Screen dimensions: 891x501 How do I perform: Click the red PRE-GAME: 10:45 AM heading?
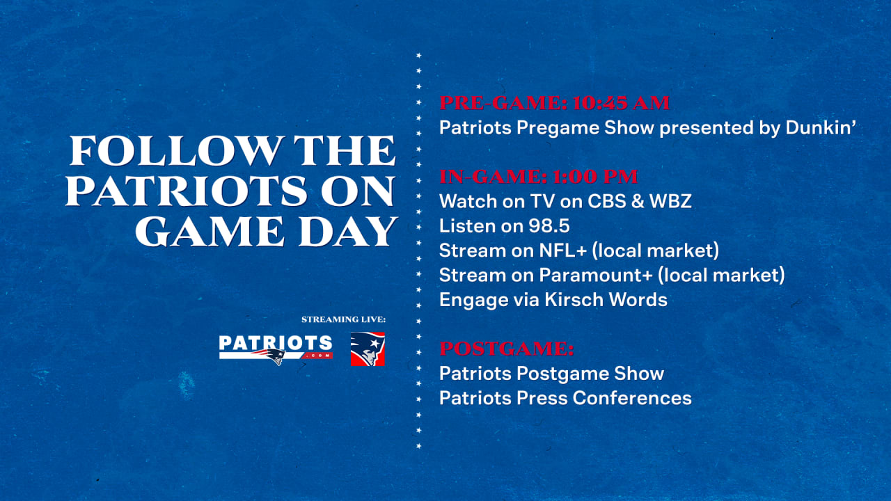click(x=554, y=103)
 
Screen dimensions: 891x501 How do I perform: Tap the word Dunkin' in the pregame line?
click(x=821, y=127)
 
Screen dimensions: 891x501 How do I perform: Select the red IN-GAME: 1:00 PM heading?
click(x=539, y=177)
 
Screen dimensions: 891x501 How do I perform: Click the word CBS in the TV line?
click(x=607, y=201)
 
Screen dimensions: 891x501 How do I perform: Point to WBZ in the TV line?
click(x=670, y=201)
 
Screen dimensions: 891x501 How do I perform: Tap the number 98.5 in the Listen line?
click(x=549, y=226)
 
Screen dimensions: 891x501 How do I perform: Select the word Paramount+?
click(x=596, y=275)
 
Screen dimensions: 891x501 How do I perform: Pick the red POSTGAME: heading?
click(x=507, y=349)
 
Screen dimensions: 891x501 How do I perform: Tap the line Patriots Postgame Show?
click(x=552, y=374)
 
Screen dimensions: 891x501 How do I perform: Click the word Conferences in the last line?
click(x=632, y=398)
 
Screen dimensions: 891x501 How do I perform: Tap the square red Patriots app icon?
click(x=368, y=349)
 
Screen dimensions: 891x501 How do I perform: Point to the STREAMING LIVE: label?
click(x=344, y=319)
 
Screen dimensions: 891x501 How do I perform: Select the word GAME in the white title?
click(x=210, y=231)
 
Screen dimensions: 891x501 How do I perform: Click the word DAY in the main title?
click(x=348, y=231)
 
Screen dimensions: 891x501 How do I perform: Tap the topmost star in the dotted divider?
click(x=418, y=55)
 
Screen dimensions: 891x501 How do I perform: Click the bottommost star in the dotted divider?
click(x=418, y=446)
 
